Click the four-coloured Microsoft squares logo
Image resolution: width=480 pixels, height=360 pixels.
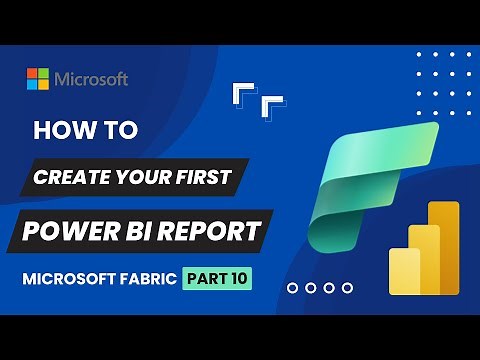pos(38,79)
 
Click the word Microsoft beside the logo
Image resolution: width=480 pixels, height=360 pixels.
pos(91,79)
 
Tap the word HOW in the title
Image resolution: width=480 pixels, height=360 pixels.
pos(60,131)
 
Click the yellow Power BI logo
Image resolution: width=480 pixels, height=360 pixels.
pos(424,249)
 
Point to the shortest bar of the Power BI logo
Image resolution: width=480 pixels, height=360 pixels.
pos(405,272)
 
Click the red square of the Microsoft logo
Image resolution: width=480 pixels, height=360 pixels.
pos(32,73)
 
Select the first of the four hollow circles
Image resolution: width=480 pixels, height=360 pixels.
pos(292,288)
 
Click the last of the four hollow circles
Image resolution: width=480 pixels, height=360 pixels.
pos(347,288)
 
